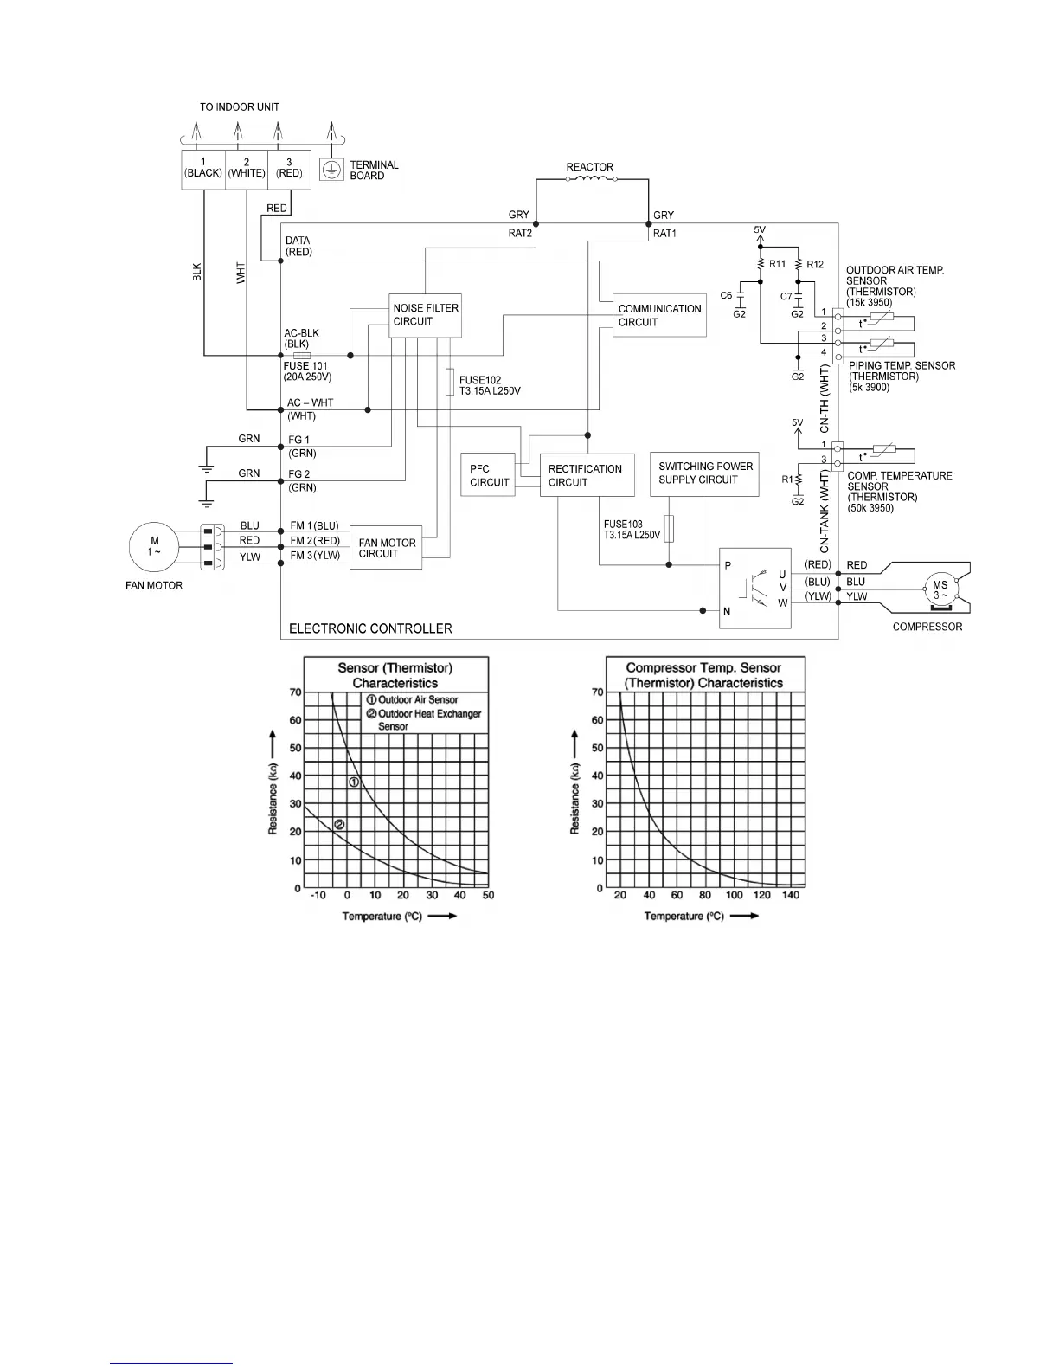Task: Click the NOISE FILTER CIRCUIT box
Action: click(426, 314)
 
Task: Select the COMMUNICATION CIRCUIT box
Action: click(659, 315)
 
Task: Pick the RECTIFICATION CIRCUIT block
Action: click(587, 475)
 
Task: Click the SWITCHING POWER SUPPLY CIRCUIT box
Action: click(704, 473)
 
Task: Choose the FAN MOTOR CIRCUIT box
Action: click(386, 548)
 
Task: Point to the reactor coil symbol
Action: click(591, 179)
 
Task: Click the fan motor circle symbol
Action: click(154, 546)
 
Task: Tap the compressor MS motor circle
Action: click(940, 590)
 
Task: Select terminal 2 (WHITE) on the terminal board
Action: click(247, 168)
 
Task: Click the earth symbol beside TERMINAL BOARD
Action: click(330, 170)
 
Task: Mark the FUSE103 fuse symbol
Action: click(669, 529)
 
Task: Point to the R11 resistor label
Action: click(778, 264)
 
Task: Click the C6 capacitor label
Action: click(726, 295)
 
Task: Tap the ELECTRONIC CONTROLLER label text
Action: click(370, 628)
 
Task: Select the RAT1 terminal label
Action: click(664, 233)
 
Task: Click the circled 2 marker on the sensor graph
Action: click(339, 824)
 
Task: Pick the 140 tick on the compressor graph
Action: click(791, 895)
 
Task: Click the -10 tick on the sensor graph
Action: click(318, 895)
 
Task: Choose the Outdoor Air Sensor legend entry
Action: click(417, 699)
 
